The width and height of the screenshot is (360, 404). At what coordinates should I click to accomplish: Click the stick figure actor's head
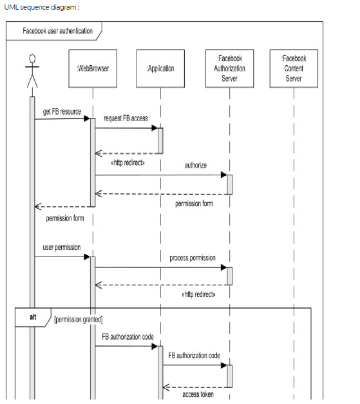[32, 59]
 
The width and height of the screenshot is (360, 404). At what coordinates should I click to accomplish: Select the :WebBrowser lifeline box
[93, 68]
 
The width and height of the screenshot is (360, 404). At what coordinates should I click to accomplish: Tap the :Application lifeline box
[160, 68]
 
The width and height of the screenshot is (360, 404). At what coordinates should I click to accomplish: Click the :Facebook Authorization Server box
[229, 68]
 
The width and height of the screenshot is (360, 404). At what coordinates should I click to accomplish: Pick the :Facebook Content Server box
[294, 68]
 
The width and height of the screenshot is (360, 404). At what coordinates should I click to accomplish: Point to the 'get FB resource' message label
[62, 111]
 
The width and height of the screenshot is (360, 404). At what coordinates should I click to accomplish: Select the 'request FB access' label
[126, 119]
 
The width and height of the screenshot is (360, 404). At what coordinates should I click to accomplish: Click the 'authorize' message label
[196, 166]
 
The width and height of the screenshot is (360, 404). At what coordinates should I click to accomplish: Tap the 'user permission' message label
[62, 247]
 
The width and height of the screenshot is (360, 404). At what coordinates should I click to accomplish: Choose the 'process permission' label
[193, 258]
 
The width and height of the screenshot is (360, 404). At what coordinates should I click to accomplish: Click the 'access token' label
[198, 394]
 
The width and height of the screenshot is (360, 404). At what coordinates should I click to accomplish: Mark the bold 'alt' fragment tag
[33, 318]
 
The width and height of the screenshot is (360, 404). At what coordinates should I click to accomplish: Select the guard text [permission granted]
[79, 319]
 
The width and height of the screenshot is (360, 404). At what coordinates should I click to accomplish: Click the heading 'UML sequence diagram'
[41, 7]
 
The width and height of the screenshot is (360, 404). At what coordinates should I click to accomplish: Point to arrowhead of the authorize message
[223, 175]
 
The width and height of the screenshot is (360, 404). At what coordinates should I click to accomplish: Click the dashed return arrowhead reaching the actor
[37, 207]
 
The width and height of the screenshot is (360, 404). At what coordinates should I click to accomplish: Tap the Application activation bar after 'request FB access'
[160, 140]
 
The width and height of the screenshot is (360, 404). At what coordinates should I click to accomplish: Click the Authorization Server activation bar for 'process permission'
[229, 276]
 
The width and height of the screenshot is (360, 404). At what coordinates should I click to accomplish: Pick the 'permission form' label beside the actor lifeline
[64, 218]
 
